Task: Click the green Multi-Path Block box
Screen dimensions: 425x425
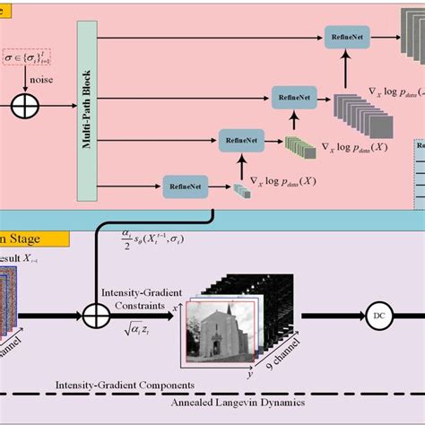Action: click(87, 108)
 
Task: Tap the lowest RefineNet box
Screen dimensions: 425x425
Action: click(182, 186)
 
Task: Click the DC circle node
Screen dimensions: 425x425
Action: click(377, 316)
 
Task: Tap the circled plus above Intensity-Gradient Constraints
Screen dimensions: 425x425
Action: click(96, 316)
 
